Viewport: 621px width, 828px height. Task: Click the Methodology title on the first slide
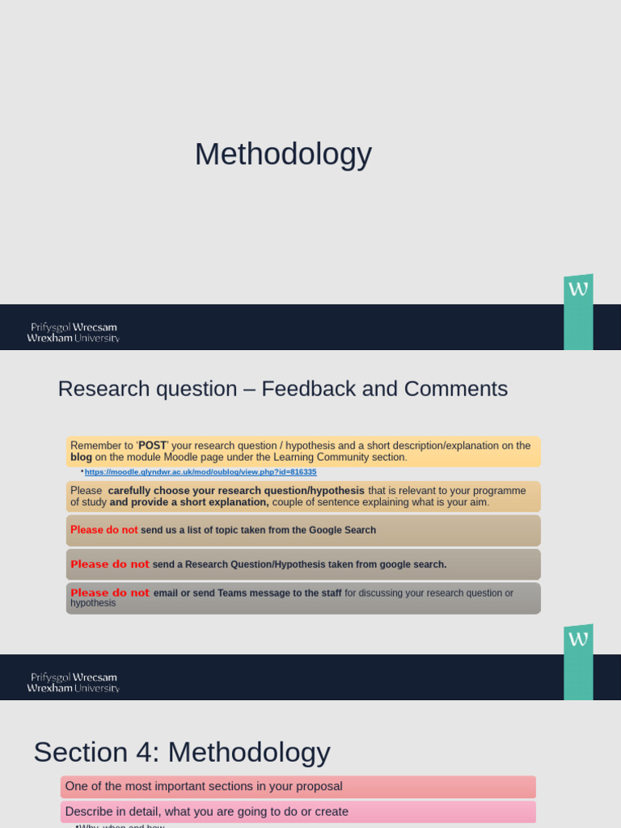point(283,154)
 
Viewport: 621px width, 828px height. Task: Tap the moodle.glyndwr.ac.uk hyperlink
point(201,472)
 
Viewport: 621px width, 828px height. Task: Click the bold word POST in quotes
point(152,446)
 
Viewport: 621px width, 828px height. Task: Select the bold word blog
point(81,457)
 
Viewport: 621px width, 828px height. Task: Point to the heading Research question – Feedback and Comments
point(283,389)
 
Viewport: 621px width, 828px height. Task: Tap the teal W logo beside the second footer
point(578,661)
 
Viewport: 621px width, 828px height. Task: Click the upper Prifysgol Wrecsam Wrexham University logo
point(73,332)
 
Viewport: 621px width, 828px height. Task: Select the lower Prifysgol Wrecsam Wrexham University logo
point(73,682)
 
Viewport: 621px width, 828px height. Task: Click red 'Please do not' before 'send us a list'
point(103,530)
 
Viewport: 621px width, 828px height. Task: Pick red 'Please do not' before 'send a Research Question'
point(109,564)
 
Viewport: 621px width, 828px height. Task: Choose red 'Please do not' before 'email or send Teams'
point(109,593)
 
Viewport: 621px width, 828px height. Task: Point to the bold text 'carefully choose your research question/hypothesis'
point(236,491)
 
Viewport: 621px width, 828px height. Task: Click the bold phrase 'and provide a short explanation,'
point(189,502)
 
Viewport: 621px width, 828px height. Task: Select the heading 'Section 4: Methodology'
point(182,752)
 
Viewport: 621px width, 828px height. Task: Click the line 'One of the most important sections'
point(204,787)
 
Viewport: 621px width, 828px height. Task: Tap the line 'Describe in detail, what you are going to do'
point(207,812)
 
